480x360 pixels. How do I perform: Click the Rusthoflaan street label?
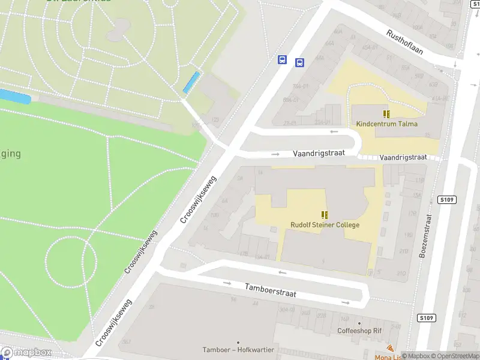click(405, 42)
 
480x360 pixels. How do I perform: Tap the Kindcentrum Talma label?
click(386, 124)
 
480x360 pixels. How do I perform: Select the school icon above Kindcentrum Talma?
click(386, 113)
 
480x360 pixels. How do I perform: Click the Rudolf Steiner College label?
click(325, 225)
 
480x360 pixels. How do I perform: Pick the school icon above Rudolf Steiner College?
click(325, 215)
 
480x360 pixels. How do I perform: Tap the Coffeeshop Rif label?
click(360, 331)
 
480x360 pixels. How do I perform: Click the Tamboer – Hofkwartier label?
click(238, 350)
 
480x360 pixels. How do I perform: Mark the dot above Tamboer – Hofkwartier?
click(238, 342)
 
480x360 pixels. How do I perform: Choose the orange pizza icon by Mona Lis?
click(391, 348)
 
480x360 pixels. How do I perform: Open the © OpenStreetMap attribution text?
click(454, 356)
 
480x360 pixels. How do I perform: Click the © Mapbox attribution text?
click(416, 356)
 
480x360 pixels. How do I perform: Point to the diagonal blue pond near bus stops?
click(191, 82)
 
